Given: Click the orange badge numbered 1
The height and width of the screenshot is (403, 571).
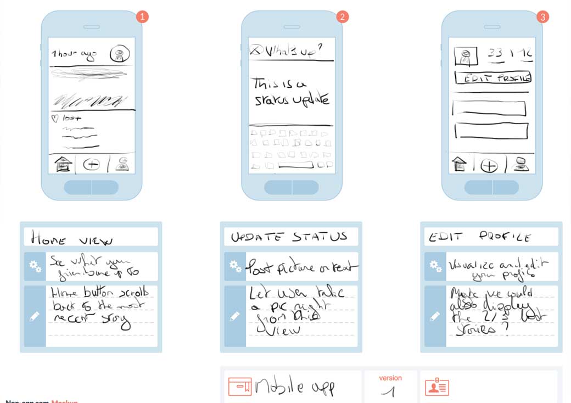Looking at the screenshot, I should [x=142, y=17].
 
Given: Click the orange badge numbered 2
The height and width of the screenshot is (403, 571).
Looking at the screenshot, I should [x=343, y=17].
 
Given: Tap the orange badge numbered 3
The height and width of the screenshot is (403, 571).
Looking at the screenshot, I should [x=543, y=17].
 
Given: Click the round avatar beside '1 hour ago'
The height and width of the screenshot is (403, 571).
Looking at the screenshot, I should [x=120, y=54].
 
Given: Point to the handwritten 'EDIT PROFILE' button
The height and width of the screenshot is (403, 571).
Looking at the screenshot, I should [x=493, y=79].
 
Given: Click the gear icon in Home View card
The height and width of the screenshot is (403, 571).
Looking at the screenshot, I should [x=35, y=266].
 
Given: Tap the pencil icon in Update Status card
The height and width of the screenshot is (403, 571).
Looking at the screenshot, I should [x=235, y=316].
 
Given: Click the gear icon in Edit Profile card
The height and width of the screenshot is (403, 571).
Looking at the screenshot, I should [x=435, y=266].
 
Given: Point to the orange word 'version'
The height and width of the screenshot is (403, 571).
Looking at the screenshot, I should [x=390, y=378].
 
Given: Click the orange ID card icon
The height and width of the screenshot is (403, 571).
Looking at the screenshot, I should [x=437, y=387].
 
